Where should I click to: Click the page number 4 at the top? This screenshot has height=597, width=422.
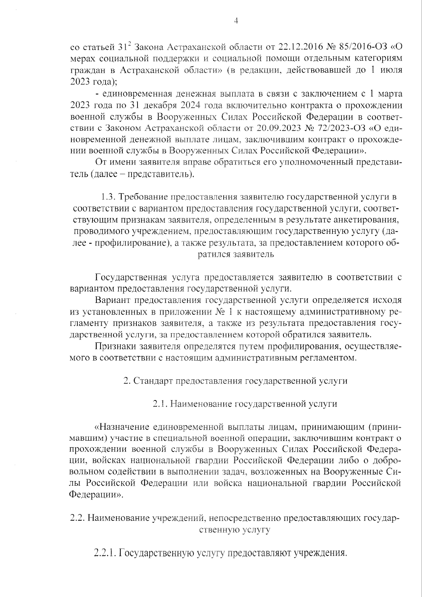236,21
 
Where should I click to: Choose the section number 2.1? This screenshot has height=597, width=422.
160,404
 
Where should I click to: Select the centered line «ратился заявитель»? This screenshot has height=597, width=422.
236,254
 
